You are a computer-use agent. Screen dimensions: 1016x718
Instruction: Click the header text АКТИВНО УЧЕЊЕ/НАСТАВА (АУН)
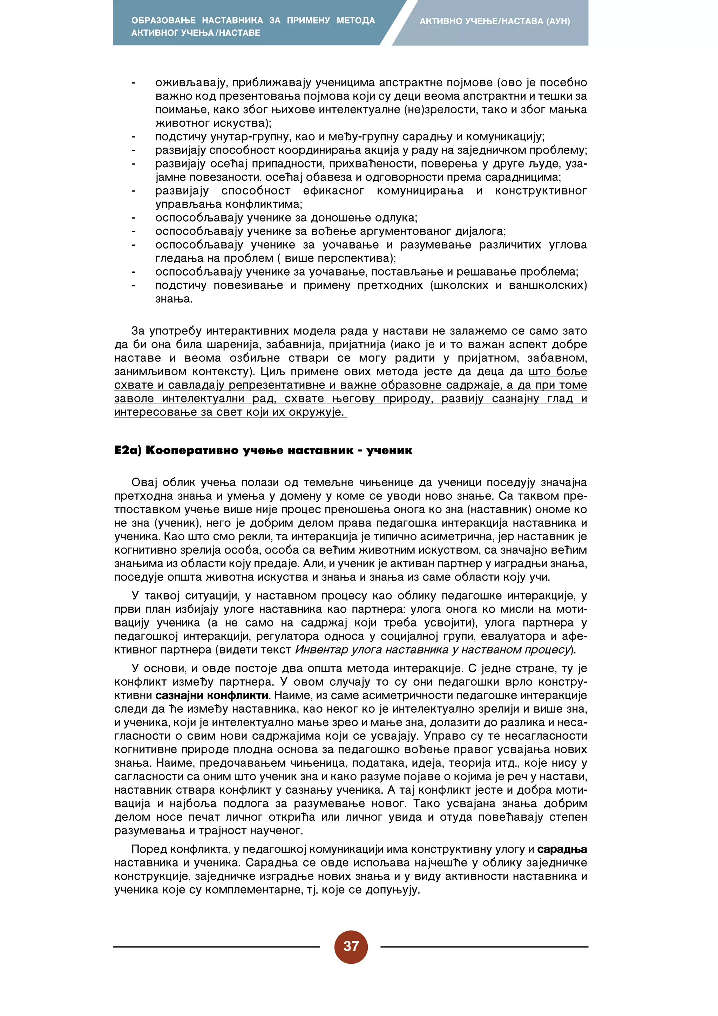click(495, 21)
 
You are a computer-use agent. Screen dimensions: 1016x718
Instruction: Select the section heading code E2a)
click(127, 451)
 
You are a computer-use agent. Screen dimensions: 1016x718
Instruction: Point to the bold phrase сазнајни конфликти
click(212, 695)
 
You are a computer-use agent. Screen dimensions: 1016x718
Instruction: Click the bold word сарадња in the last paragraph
click(562, 849)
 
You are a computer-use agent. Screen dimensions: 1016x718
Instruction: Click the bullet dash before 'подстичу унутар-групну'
click(133, 137)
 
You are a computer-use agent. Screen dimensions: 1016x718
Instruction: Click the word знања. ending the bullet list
click(174, 299)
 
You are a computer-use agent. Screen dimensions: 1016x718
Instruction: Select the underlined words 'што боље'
click(557, 371)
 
